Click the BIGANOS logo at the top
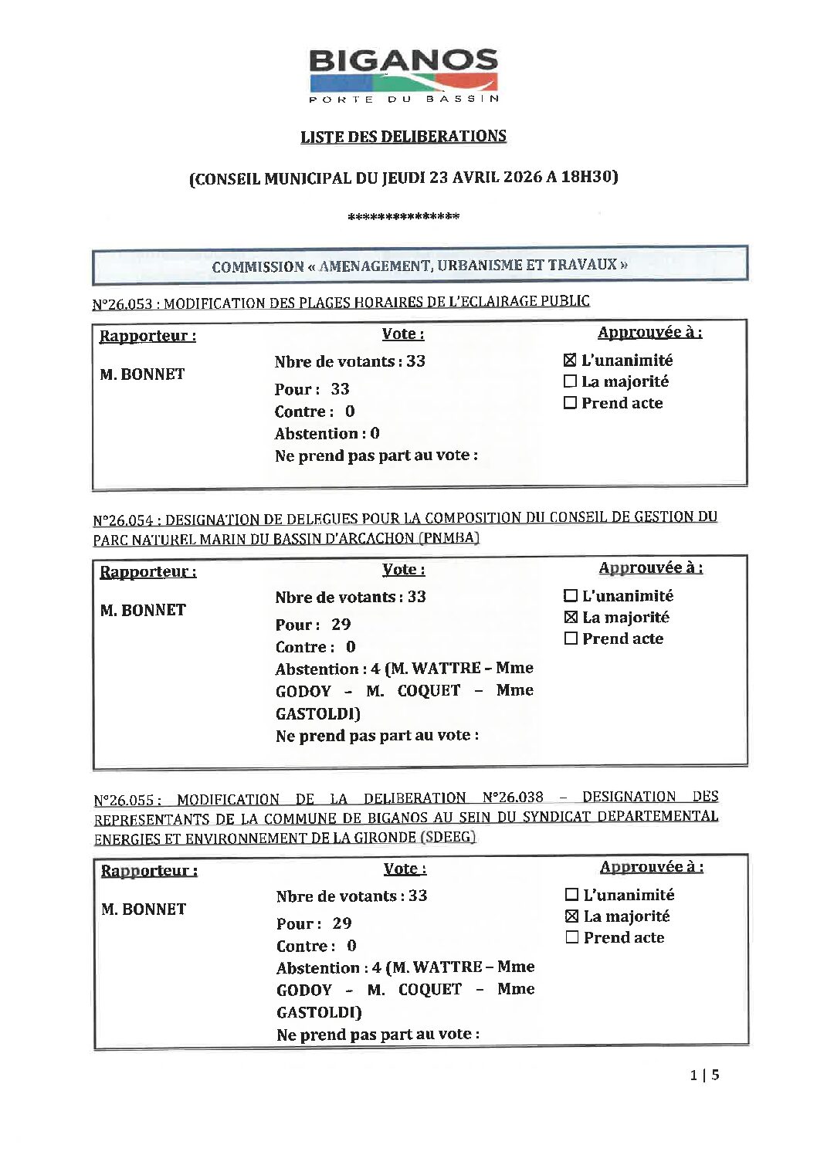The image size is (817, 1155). tap(403, 76)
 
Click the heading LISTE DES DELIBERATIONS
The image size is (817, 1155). tap(403, 137)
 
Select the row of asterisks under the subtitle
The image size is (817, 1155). tap(403, 217)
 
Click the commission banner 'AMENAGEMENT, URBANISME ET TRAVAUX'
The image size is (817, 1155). tap(419, 266)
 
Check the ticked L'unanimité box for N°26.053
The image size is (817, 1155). tap(570, 360)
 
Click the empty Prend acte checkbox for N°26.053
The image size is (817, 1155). tap(570, 402)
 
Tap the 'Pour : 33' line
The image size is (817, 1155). tap(312, 389)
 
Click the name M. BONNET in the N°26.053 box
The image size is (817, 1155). tap(142, 374)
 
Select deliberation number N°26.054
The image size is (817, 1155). tap(123, 521)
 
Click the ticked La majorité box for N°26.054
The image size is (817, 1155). tap(571, 617)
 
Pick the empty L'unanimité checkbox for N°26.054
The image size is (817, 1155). tap(571, 595)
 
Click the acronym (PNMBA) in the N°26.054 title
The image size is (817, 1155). tap(449, 538)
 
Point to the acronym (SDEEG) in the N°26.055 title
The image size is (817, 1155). tap(448, 837)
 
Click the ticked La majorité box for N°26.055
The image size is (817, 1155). tap(571, 916)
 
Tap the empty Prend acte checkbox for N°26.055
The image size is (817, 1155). tap(571, 937)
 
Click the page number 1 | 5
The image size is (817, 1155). tap(704, 1075)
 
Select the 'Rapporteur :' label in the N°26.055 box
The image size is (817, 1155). tap(149, 871)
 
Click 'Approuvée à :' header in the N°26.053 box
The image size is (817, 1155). tap(649, 333)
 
